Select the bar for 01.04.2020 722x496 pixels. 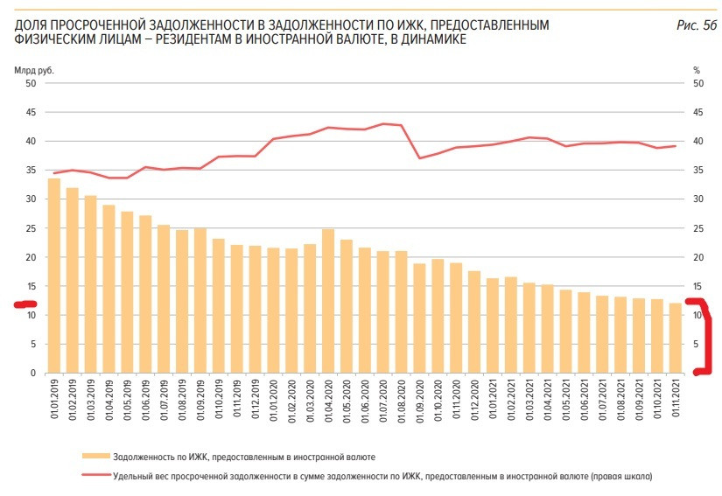click(328, 301)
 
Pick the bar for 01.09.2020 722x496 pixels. click(419, 318)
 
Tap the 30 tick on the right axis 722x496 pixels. click(697, 199)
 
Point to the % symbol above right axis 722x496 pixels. click(697, 69)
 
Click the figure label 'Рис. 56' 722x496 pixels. click(697, 25)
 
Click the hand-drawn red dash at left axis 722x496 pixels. click(25, 304)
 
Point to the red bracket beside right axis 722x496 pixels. click(705, 337)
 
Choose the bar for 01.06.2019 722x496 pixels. click(145, 294)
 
